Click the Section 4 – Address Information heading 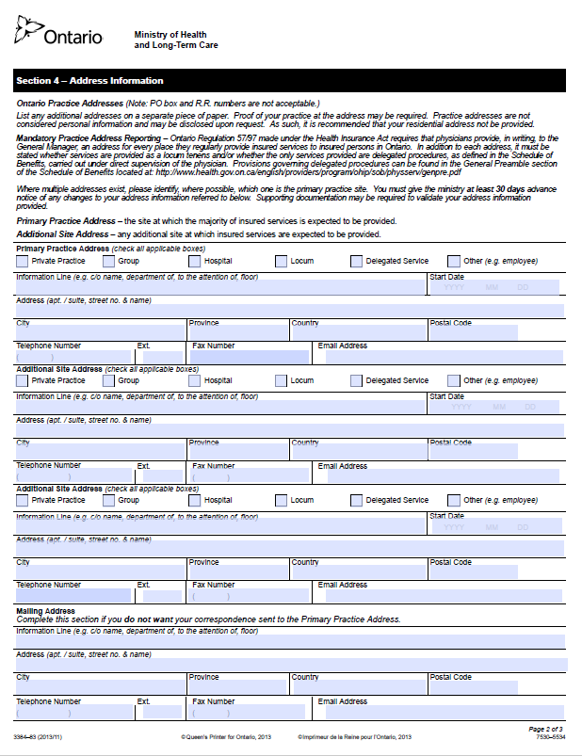tap(89, 81)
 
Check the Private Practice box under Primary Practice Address tap(23, 262)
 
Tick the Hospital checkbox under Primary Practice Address tap(195, 262)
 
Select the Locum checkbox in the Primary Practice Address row tap(282, 262)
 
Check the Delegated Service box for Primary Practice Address tap(357, 262)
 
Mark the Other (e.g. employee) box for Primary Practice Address tap(454, 262)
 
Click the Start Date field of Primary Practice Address tap(494, 287)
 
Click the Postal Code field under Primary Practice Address tap(474, 333)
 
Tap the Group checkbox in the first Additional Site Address tap(108, 381)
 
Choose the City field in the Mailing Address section tap(100, 688)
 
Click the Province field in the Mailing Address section tap(238, 688)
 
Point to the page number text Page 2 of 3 tap(545, 729)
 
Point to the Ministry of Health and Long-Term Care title tap(176, 39)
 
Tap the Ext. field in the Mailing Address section tap(159, 713)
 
